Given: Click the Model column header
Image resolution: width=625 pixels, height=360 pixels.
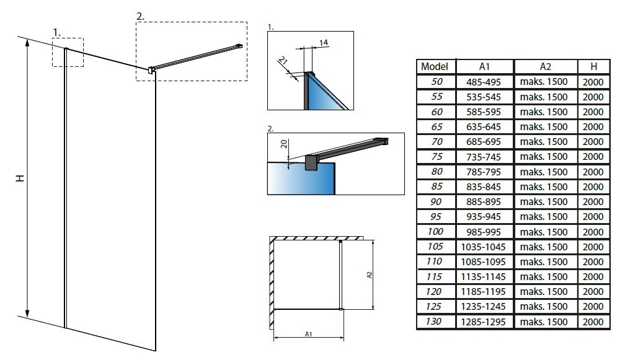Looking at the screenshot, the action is tap(435, 66).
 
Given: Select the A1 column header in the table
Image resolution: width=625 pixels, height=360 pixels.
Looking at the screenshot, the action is tap(484, 66).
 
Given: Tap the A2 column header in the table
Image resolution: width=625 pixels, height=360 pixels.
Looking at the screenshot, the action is tap(545, 66).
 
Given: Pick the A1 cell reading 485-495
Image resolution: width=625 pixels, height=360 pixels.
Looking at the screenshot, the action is tap(484, 82).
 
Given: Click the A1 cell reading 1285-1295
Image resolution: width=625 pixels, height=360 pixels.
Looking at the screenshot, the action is tap(483, 322).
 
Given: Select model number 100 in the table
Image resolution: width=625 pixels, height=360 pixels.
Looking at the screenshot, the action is tap(435, 231).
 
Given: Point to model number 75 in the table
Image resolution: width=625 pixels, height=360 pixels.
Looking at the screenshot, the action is tap(437, 157).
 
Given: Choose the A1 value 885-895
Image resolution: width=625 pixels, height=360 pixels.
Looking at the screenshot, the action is tap(484, 202).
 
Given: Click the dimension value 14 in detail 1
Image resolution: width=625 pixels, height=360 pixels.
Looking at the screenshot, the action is tap(323, 42).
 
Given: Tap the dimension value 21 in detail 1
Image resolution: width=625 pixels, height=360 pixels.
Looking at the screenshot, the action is tap(283, 61).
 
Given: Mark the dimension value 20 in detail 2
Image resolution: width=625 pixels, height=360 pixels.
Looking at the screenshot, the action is tap(284, 144).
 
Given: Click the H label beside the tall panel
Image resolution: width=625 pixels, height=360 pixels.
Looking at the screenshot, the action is tap(20, 178).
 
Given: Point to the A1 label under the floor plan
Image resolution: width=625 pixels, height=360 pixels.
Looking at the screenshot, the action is tap(309, 334).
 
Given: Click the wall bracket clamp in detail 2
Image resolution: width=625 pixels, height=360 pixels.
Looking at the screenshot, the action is tap(312, 162).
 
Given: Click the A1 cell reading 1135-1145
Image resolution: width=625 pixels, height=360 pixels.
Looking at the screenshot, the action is tap(483, 277).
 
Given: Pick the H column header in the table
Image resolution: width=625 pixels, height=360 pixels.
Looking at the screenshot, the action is tap(593, 66).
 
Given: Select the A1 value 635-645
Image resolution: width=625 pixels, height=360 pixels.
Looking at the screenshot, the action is tap(484, 126).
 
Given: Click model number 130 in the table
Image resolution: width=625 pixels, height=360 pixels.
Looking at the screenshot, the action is tap(433, 322).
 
